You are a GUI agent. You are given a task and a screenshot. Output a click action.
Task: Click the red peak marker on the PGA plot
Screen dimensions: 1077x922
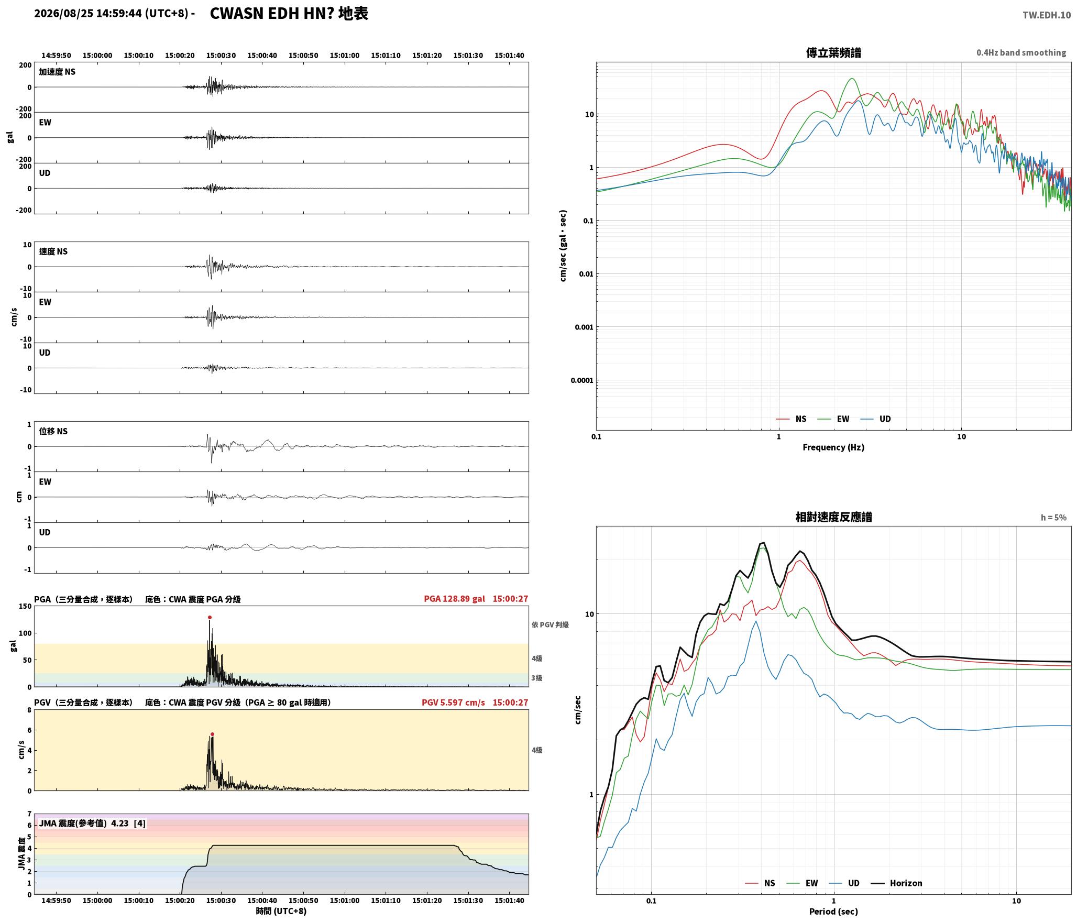pos(210,617)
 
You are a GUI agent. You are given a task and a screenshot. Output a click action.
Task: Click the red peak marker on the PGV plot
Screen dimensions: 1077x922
pos(212,734)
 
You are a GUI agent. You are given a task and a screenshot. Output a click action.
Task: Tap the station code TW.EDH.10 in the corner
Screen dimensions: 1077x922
pos(1047,15)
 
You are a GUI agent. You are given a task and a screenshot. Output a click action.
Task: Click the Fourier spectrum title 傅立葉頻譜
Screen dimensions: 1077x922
pos(833,52)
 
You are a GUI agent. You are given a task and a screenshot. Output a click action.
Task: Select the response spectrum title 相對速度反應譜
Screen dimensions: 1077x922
pos(833,517)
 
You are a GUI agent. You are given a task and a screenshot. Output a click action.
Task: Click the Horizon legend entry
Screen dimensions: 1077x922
pos(896,883)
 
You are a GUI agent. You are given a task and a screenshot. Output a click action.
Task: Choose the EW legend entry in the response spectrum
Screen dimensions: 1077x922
pos(803,883)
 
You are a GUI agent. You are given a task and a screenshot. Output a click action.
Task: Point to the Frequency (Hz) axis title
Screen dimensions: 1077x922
pos(833,447)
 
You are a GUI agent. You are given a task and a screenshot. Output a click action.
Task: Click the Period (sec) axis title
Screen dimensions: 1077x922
pos(833,911)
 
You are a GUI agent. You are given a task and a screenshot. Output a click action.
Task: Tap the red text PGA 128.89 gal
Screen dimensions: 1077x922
pos(455,598)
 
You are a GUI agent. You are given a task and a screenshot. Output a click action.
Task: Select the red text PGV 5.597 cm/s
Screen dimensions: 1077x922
pos(454,702)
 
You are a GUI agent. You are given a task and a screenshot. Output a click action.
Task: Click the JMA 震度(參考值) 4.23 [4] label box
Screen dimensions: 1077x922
pos(92,823)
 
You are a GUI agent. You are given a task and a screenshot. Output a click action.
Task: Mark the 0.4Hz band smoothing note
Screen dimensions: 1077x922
pos(1021,52)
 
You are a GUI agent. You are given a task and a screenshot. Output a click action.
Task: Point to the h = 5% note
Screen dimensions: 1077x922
pos(1053,517)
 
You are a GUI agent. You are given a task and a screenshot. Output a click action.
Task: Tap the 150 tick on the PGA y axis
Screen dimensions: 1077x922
pos(25,606)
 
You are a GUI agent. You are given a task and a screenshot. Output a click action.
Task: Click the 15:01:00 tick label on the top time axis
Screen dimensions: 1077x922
pos(345,55)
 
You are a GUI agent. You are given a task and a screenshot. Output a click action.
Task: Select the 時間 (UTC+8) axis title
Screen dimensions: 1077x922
pos(281,911)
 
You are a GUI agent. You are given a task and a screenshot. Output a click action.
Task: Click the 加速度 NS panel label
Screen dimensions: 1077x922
pos(57,72)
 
